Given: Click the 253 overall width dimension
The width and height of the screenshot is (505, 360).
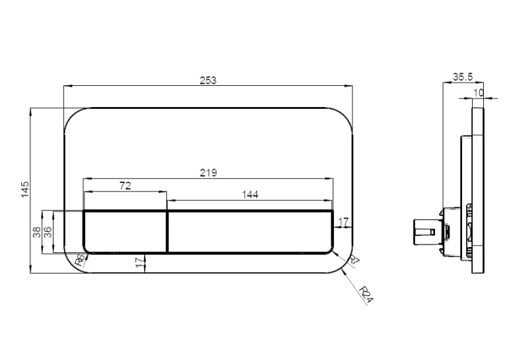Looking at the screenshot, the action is (208, 80).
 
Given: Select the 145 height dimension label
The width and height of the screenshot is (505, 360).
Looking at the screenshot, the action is (25, 190).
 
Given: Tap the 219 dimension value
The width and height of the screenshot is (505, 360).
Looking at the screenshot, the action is (209, 173).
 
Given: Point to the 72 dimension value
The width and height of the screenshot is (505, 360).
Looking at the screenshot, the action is (125, 186).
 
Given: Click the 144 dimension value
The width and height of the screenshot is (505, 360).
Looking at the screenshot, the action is (250, 195).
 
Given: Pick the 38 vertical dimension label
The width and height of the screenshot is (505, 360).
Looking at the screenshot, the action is (37, 232).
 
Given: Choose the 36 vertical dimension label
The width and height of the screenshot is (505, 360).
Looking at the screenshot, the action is (48, 232).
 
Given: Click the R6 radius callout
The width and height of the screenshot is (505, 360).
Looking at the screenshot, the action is (81, 260).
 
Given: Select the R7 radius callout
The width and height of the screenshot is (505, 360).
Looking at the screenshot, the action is (354, 260).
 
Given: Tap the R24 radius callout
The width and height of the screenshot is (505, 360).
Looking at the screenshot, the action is (366, 295).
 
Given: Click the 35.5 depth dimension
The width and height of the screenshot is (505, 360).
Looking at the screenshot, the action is (463, 77).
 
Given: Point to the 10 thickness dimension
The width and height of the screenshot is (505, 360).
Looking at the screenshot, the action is (479, 93).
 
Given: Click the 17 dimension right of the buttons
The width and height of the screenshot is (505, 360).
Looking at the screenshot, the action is (343, 222).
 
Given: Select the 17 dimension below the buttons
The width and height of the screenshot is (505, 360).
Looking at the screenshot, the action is (139, 262).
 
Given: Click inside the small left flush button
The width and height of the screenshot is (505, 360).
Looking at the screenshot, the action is (125, 231).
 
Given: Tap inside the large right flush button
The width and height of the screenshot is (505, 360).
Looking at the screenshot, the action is (250, 231).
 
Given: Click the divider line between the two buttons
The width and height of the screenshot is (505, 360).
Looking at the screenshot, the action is (168, 231).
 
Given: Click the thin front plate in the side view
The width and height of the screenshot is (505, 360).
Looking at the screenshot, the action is (478, 190).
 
